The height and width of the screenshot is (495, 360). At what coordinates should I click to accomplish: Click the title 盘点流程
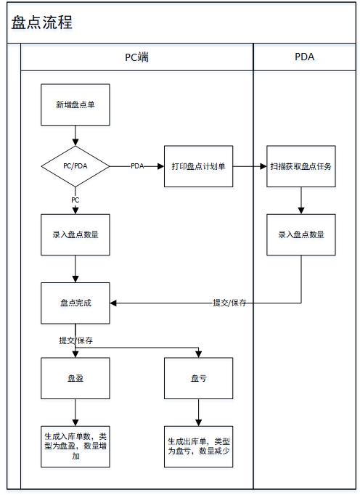coord(42,22)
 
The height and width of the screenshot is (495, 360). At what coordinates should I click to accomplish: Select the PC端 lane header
coord(136,57)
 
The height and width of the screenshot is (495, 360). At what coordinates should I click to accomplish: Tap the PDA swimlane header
coord(304,57)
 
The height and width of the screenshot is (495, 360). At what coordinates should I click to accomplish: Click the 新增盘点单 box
coord(75,105)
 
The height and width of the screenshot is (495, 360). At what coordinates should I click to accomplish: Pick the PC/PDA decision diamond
coord(75,166)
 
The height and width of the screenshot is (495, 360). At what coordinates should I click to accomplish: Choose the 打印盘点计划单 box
coord(199,166)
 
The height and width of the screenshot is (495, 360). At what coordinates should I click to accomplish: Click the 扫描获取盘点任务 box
coord(301,166)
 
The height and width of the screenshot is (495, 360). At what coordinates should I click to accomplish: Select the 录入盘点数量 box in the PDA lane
coord(301,234)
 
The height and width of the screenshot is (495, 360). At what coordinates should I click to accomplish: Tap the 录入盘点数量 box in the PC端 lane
coord(75,234)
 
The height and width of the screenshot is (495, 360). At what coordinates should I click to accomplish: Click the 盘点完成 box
coord(75,303)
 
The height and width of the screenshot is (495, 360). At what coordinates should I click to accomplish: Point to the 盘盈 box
coord(75,378)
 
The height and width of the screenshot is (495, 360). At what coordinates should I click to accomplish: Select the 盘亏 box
coord(199,378)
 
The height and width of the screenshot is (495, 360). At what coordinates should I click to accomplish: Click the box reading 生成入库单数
coord(75,446)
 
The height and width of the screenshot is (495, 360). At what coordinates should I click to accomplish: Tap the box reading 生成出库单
coord(199,446)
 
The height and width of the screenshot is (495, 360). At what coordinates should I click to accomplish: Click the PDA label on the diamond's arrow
coord(137,166)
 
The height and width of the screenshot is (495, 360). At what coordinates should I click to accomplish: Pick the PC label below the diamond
coord(75,200)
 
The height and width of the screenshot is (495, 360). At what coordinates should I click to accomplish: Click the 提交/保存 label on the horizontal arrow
coord(229,303)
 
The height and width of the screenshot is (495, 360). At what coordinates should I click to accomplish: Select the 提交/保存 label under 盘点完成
coord(75,340)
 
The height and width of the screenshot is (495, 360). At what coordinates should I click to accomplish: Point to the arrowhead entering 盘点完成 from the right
coord(113,303)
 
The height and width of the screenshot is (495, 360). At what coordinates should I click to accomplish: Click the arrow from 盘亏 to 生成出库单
coord(199,412)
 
